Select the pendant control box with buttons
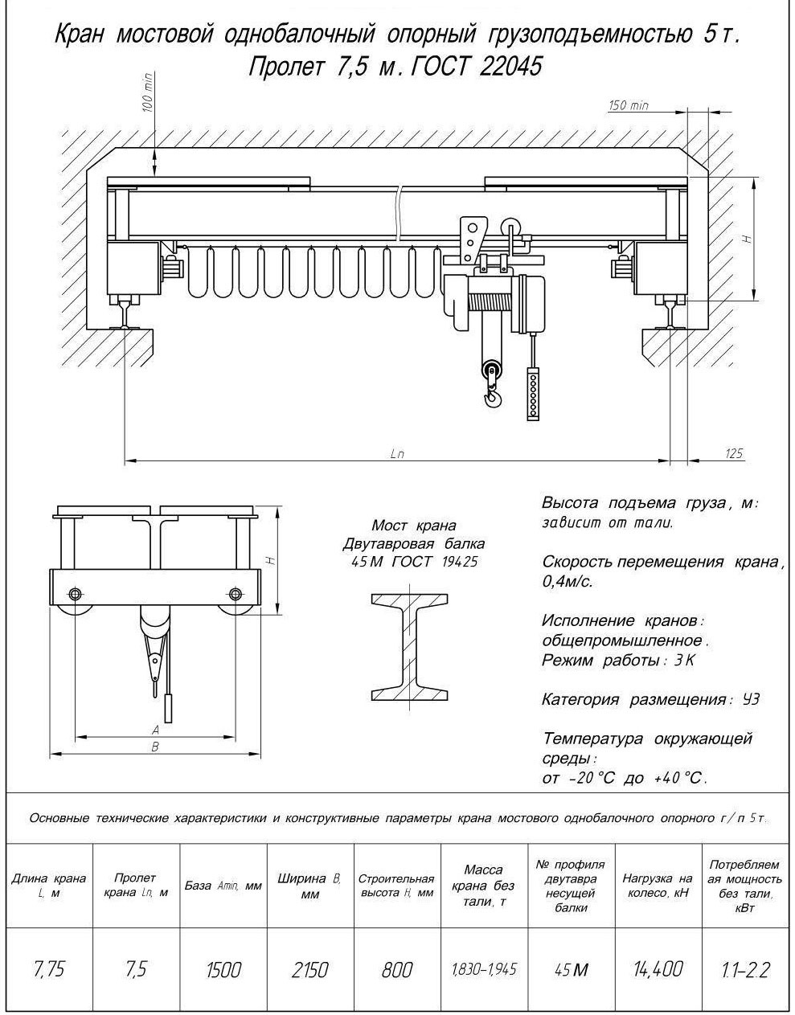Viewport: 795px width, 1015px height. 531,395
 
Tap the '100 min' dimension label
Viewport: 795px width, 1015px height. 148,93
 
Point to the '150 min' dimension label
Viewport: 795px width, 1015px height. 628,105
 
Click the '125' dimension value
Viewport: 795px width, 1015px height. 733,454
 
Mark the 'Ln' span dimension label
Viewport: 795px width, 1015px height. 397,454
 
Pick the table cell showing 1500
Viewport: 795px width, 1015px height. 223,969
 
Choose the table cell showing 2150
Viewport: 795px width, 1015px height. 309,969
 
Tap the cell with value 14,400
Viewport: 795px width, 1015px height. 658,969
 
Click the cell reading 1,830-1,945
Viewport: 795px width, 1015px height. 483,969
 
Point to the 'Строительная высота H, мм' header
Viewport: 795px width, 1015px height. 396,886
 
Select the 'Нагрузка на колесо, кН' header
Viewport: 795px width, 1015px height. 658,886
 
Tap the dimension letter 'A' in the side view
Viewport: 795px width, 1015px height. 156,730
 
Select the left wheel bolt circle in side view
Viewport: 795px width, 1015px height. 76,595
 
